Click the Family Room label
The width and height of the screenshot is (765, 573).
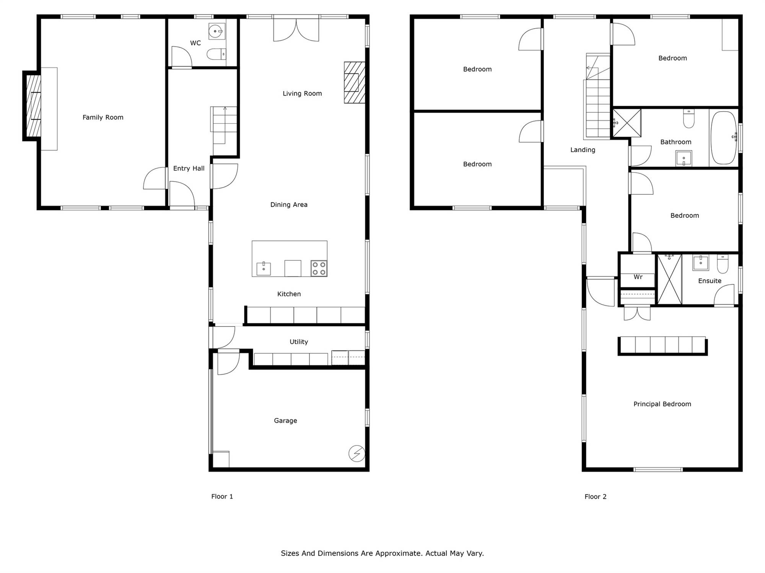pyautogui.click(x=103, y=117)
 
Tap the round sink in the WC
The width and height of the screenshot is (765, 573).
pyautogui.click(x=216, y=31)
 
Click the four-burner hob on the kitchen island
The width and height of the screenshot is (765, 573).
pyautogui.click(x=319, y=268)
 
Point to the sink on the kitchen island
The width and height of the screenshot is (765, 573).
pyautogui.click(x=264, y=269)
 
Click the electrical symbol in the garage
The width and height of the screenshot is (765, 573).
pyautogui.click(x=356, y=453)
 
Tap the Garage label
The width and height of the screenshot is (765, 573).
pyautogui.click(x=285, y=421)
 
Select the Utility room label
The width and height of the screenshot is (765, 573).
pyautogui.click(x=299, y=342)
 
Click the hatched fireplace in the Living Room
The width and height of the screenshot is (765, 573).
pyautogui.click(x=355, y=83)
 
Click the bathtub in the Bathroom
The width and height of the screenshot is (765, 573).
pyautogui.click(x=723, y=138)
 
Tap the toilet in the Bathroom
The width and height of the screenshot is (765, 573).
pyautogui.click(x=688, y=118)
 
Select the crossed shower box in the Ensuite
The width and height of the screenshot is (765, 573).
pyautogui.click(x=669, y=279)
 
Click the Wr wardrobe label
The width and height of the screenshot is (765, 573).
pyautogui.click(x=638, y=277)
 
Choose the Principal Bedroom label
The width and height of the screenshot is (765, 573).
pyautogui.click(x=662, y=404)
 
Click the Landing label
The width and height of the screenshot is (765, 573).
pyautogui.click(x=583, y=150)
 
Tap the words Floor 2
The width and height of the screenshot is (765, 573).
pyautogui.click(x=596, y=497)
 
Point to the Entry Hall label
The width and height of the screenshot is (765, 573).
pyautogui.click(x=189, y=168)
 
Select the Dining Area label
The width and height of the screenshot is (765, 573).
pyautogui.click(x=289, y=205)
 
